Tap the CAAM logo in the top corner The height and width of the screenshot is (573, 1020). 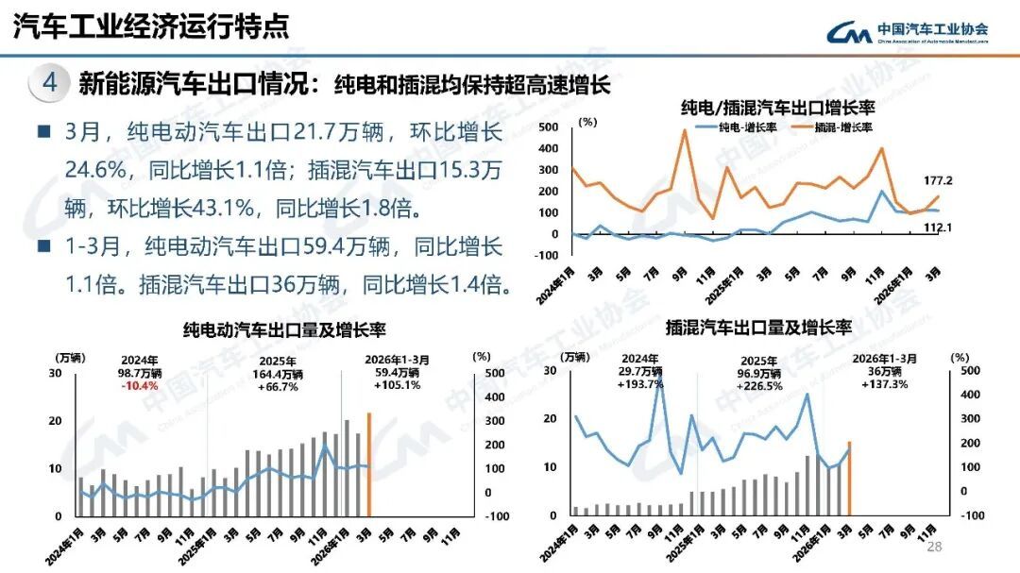(908, 32)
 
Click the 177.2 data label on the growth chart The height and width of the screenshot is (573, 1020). (938, 180)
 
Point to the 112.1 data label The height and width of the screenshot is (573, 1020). (937, 228)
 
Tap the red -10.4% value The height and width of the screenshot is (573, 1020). (141, 385)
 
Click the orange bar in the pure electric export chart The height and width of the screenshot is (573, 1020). (369, 464)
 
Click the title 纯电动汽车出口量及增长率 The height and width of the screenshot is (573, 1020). (284, 329)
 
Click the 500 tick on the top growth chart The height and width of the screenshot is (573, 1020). (549, 126)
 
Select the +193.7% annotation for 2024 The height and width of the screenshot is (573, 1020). (639, 383)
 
